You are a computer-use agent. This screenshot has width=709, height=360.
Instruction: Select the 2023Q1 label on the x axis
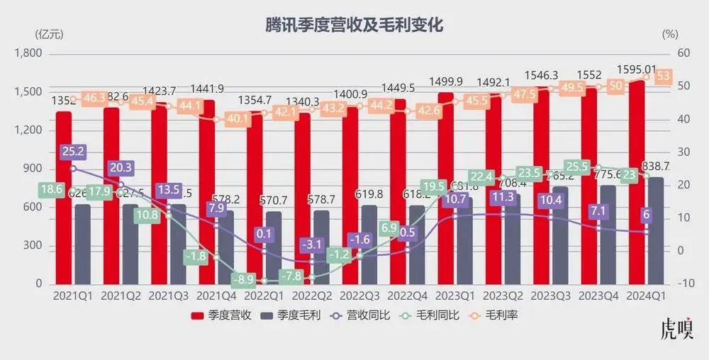coord(454,294)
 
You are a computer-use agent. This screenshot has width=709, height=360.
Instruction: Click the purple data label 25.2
coord(73,152)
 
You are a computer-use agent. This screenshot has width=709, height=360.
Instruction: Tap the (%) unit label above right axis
coord(669,33)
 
